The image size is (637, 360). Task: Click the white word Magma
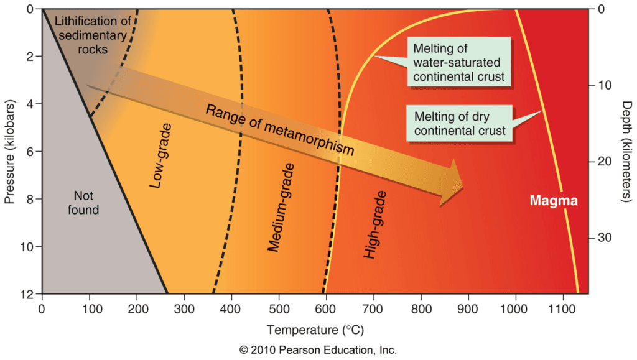(554, 201)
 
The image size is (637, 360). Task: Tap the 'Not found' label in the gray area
(83, 203)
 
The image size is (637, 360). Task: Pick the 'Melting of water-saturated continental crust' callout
(458, 63)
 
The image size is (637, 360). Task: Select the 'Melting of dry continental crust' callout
(458, 122)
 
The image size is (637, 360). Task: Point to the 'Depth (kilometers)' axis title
(626, 152)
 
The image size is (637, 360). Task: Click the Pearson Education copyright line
(318, 350)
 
